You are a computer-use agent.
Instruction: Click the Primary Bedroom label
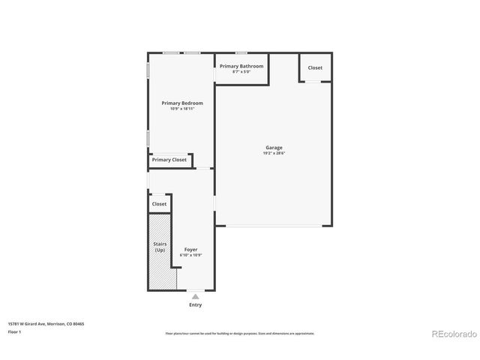[182, 103]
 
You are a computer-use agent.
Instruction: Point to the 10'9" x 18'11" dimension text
[182, 109]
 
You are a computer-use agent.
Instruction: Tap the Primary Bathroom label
[241, 66]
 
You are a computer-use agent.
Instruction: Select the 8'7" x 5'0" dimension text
[241, 72]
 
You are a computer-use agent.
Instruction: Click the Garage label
[274, 148]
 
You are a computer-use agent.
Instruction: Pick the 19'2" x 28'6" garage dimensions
[274, 154]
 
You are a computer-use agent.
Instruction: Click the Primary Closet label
[169, 160]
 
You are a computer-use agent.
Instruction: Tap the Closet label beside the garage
[315, 67]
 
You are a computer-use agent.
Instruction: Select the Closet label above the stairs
[159, 204]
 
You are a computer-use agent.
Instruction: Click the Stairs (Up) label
[160, 247]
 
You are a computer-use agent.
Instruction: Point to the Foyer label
[190, 249]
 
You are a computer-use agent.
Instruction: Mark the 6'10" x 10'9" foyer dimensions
[190, 255]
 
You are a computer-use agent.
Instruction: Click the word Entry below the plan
[195, 305]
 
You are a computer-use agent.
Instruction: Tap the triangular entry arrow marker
[195, 297]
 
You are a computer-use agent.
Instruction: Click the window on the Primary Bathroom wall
[241, 53]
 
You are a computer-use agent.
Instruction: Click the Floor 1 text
[15, 331]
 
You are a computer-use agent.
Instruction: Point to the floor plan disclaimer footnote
[240, 334]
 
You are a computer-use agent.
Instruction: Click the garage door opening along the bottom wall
[274, 226]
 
